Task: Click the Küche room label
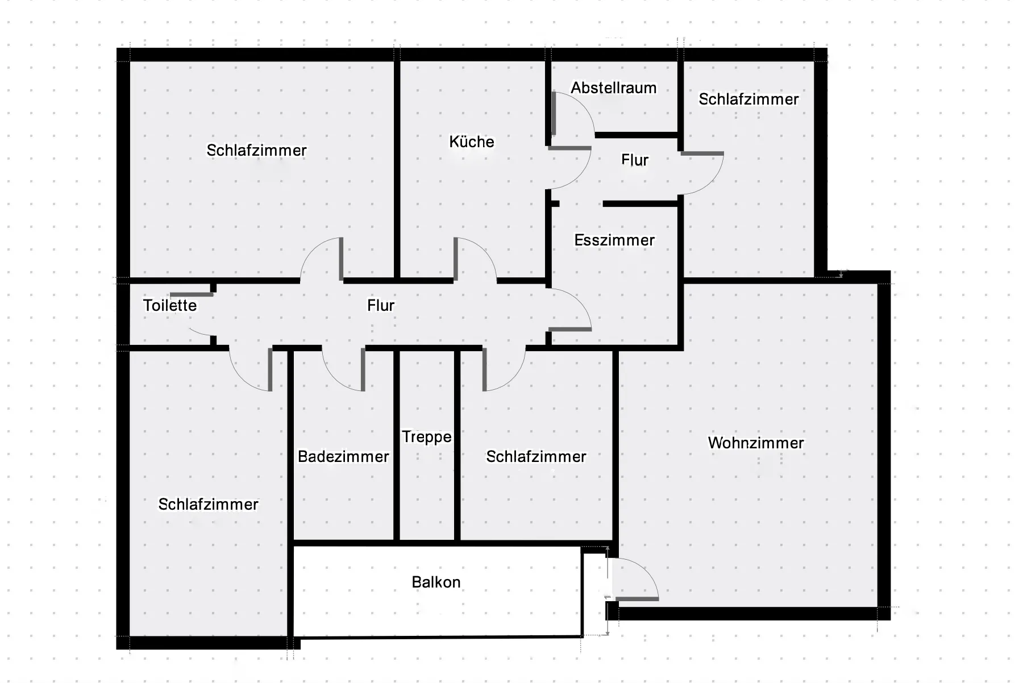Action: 472,141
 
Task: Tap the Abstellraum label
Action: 614,88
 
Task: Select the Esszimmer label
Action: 614,240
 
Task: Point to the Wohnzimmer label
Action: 756,443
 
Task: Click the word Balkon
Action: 436,582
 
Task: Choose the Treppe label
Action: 427,437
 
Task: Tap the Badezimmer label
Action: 343,457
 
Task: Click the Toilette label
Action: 170,306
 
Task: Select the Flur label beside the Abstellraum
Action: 635,160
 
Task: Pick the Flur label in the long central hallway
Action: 381,306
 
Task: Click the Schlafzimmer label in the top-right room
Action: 748,99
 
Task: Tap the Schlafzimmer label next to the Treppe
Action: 536,457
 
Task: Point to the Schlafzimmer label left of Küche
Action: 256,151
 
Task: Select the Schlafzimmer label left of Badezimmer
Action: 208,505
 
